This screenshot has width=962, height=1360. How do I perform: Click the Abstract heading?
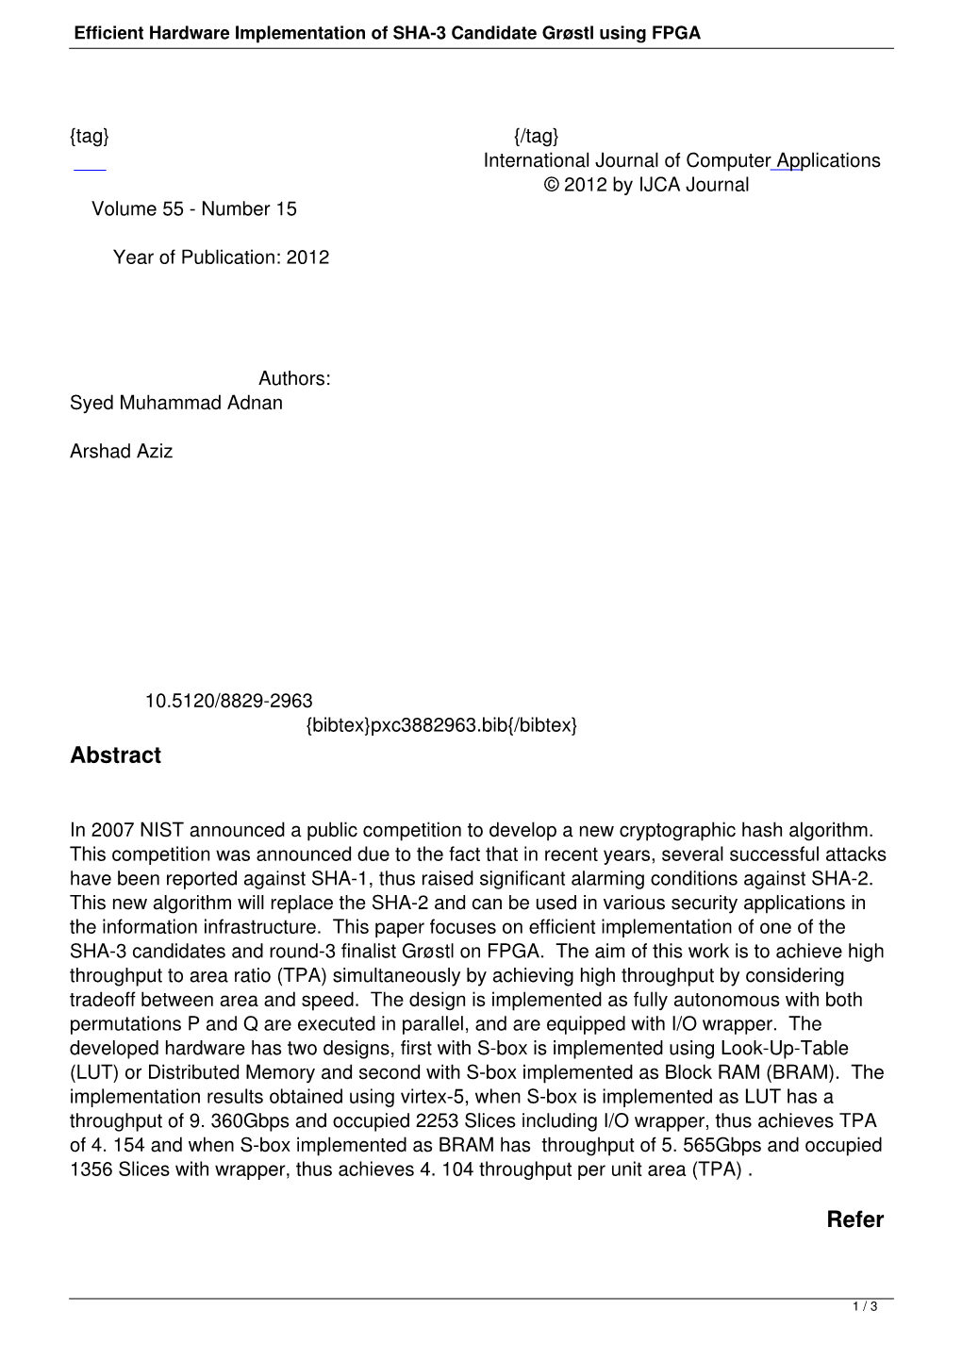pyautogui.click(x=115, y=755)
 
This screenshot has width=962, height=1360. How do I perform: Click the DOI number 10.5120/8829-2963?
pyautogui.click(x=228, y=701)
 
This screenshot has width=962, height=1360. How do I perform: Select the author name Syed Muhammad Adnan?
pyautogui.click(x=175, y=403)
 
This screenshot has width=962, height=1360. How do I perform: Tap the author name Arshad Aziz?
pyautogui.click(x=121, y=451)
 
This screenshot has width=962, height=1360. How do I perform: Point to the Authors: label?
pyautogui.click(x=294, y=378)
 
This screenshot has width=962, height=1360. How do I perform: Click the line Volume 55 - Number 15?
pyautogui.click(x=193, y=209)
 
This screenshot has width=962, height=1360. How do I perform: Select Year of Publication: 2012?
pyautogui.click(x=221, y=257)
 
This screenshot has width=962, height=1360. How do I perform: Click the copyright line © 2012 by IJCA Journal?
pyautogui.click(x=646, y=185)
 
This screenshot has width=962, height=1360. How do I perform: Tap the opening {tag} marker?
pyautogui.click(x=90, y=136)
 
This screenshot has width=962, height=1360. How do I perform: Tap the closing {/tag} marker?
pyautogui.click(x=537, y=136)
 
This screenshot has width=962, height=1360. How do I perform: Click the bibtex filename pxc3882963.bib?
pyautogui.click(x=440, y=725)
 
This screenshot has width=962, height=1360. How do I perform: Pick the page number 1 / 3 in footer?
pyautogui.click(x=865, y=1307)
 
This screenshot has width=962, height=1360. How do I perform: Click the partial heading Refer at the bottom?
pyautogui.click(x=854, y=1219)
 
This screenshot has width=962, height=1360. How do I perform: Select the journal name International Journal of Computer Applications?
pyautogui.click(x=681, y=160)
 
